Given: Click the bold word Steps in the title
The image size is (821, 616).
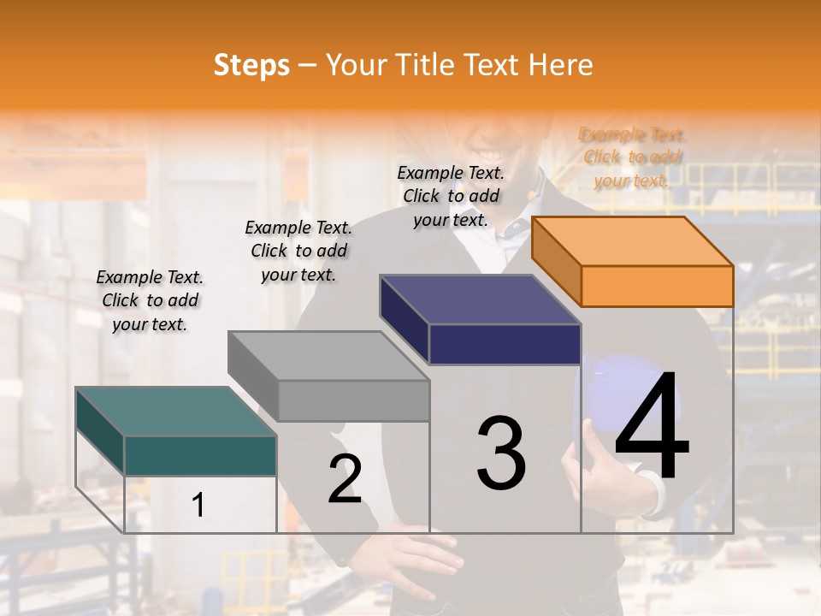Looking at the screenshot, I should click(x=251, y=65).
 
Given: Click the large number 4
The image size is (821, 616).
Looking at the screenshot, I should click(x=652, y=427).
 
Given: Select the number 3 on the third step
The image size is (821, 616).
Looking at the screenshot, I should click(x=501, y=453).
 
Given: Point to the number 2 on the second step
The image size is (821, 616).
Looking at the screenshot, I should click(x=345, y=479).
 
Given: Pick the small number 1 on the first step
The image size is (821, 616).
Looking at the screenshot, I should click(x=198, y=506).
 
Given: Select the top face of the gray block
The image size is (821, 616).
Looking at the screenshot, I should click(x=328, y=355).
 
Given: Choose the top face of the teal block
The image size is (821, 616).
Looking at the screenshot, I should click(x=176, y=412).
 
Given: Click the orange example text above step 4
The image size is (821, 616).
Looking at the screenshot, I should click(x=633, y=157).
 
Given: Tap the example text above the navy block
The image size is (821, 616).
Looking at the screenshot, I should click(x=452, y=196).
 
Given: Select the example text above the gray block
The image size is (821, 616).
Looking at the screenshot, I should click(x=298, y=251).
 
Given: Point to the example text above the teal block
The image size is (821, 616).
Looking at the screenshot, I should click(x=150, y=300).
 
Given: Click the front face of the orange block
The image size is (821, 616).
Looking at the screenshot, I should click(x=657, y=286).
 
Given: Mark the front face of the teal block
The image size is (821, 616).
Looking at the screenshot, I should click(x=200, y=455).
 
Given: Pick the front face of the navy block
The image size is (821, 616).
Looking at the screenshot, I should click(x=505, y=344).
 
